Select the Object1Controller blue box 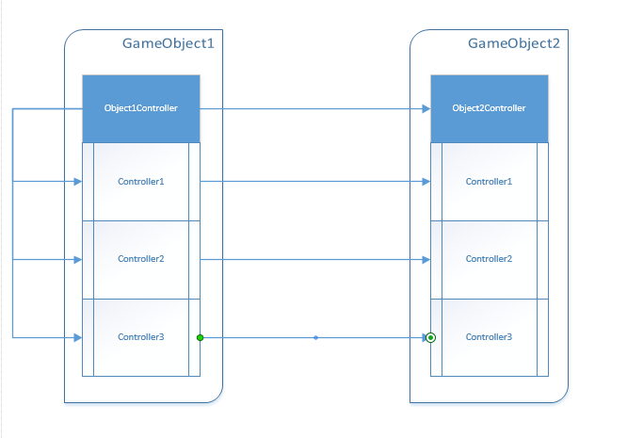(x=141, y=108)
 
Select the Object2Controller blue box (x=489, y=108)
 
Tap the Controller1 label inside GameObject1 (x=141, y=181)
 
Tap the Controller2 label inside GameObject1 (x=141, y=259)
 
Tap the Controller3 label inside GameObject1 (x=141, y=337)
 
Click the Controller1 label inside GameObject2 (x=489, y=181)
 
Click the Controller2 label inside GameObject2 (x=489, y=259)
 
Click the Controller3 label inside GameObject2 (x=489, y=337)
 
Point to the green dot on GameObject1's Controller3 (x=200, y=337)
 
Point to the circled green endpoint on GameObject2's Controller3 (x=430, y=337)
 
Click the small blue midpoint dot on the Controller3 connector (x=315, y=337)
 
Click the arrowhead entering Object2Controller (x=426, y=108)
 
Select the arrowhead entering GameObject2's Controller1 (x=426, y=181)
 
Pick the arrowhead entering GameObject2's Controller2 (x=426, y=259)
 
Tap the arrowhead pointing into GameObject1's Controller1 (x=78, y=181)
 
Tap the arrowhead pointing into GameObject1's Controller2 (x=78, y=259)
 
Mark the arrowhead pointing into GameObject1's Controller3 (x=78, y=336)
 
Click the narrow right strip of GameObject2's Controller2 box (x=542, y=259)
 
